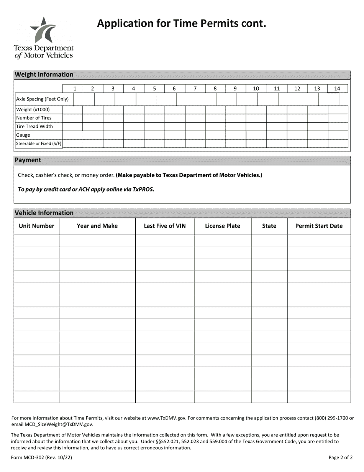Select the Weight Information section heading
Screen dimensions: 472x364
44,75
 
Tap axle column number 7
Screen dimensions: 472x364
195,89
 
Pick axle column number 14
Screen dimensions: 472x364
337,89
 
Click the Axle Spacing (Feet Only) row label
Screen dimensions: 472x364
42,99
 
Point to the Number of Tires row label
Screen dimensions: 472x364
34,118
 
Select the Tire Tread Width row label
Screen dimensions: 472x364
34,127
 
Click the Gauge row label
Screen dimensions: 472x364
23,135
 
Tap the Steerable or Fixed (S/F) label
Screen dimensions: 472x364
39,144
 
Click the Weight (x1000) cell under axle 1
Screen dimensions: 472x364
72,110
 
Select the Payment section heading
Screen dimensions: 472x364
28,160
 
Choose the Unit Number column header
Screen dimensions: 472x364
36,226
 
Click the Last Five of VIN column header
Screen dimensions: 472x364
165,226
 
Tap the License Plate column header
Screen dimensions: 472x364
223,226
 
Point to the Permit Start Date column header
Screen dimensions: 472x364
319,226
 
